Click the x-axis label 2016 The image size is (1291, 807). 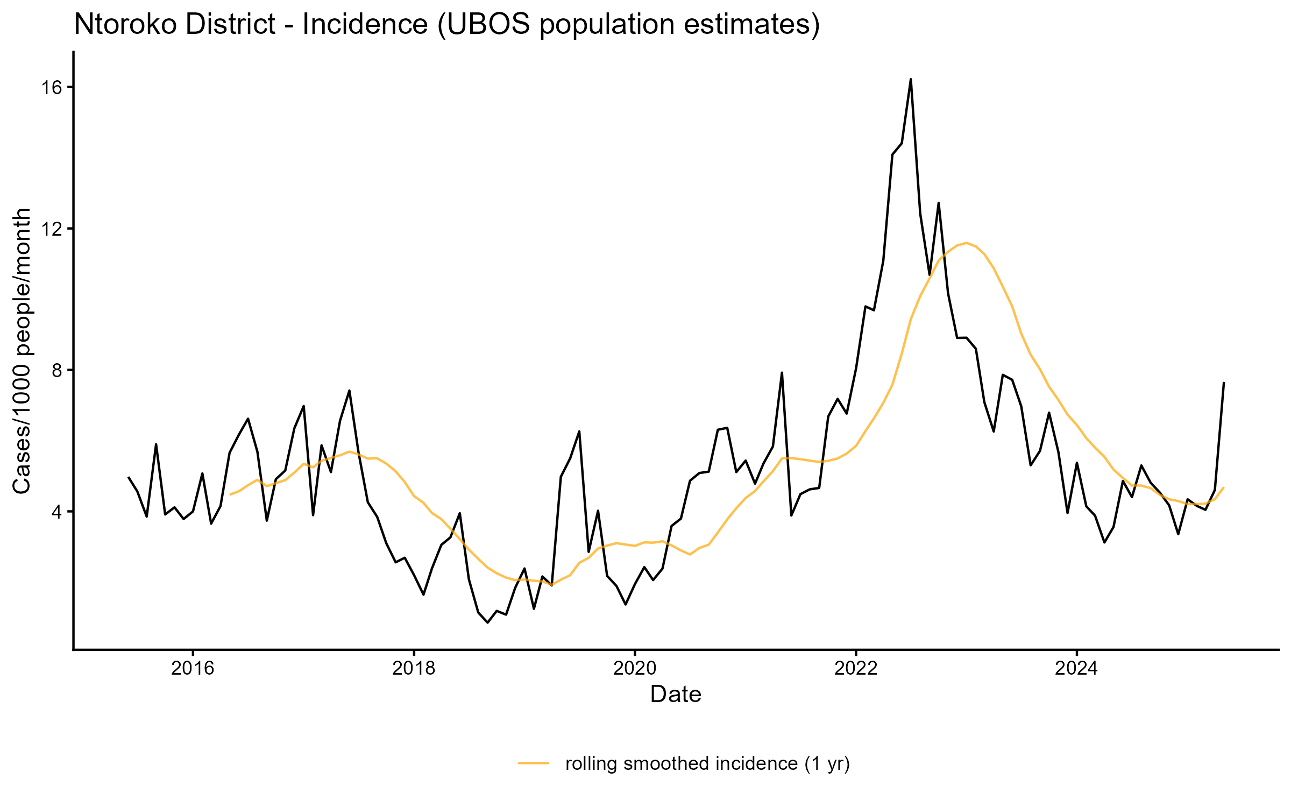[x=193, y=668]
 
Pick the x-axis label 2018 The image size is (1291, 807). [x=414, y=668]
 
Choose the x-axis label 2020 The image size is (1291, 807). [x=635, y=668]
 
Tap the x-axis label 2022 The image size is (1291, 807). [x=856, y=668]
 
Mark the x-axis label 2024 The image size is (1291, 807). [x=1077, y=668]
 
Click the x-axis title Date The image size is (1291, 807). [x=676, y=695]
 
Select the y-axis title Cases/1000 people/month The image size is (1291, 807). [x=23, y=351]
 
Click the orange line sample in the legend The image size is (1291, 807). [x=534, y=763]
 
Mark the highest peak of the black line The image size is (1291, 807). [x=911, y=80]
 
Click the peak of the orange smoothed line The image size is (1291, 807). [x=967, y=243]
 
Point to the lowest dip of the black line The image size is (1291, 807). [x=487, y=622]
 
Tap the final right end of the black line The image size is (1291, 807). [x=1224, y=383]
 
